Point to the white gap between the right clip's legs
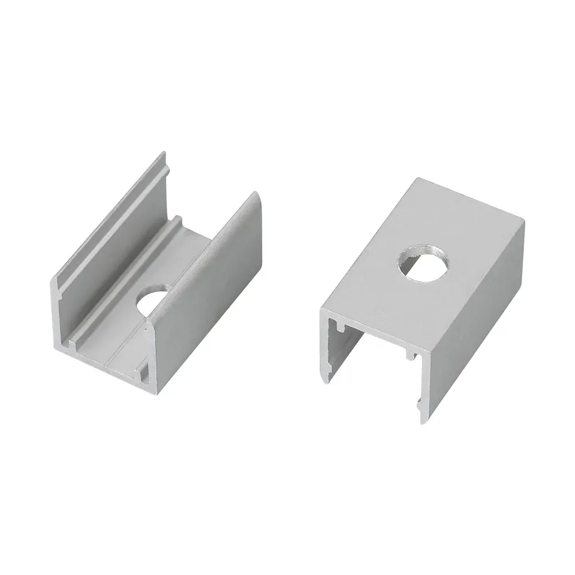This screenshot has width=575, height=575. coord(374,374)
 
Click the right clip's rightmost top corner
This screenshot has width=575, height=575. coord(523,221)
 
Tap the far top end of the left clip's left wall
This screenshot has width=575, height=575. coord(163,154)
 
